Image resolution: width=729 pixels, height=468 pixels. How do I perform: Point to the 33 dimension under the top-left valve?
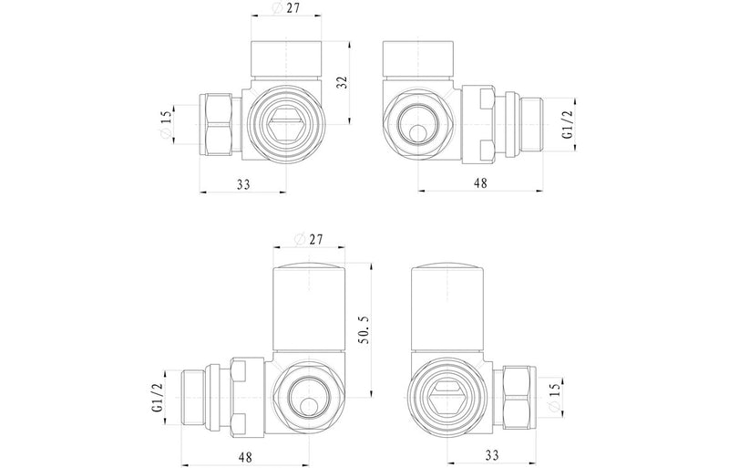point(243,183)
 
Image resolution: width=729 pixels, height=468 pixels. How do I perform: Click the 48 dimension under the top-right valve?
point(480,183)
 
